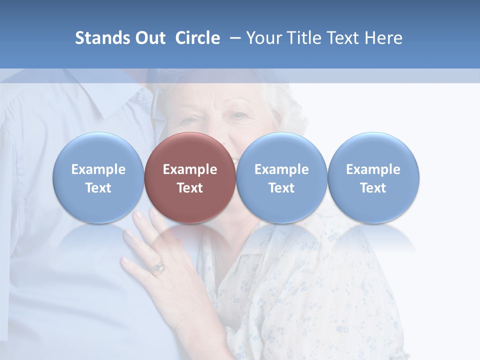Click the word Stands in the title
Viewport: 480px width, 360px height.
point(102,38)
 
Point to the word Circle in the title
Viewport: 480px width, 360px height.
point(197,38)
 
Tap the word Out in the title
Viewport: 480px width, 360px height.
point(149,38)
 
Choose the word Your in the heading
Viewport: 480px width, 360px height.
point(264,38)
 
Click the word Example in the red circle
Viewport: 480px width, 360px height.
point(190,169)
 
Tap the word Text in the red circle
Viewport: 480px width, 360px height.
point(190,188)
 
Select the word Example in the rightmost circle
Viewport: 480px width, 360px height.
point(373,169)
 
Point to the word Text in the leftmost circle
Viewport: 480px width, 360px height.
point(98,188)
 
